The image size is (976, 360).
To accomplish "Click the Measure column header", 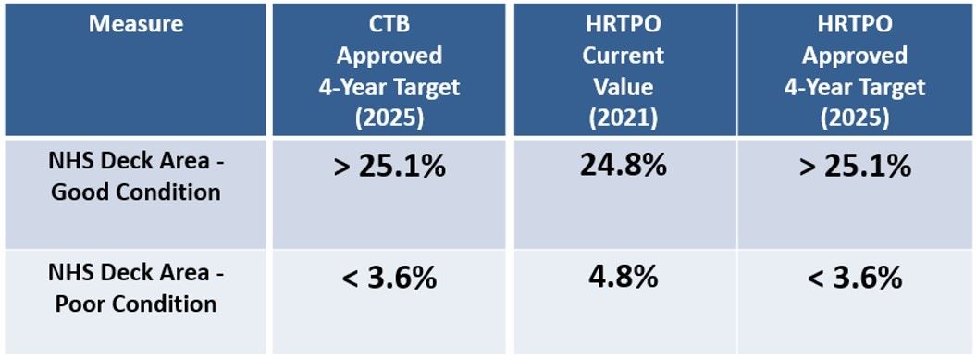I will [136, 24].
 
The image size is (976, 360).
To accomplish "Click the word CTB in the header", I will [389, 24].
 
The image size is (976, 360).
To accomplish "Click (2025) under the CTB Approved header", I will [389, 118].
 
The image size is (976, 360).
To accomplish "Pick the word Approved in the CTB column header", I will [389, 56].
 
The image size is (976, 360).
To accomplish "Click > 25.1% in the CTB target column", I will [389, 168].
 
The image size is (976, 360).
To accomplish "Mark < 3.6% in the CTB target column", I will [389, 278].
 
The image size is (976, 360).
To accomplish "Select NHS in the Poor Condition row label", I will [69, 274].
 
